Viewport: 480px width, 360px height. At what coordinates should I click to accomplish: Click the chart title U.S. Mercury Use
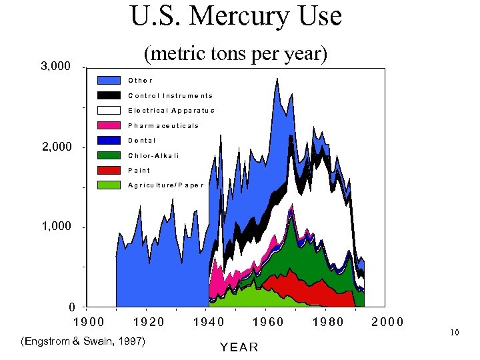pyautogui.click(x=236, y=16)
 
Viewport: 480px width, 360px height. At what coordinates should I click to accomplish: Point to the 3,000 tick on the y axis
pyautogui.click(x=55, y=67)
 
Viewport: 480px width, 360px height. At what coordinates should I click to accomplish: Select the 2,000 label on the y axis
pyautogui.click(x=55, y=147)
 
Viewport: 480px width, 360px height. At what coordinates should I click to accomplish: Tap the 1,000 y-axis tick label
pyautogui.click(x=55, y=227)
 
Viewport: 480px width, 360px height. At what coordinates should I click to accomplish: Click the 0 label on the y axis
pyautogui.click(x=71, y=307)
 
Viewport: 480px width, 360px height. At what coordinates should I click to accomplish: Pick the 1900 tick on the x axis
pyautogui.click(x=88, y=322)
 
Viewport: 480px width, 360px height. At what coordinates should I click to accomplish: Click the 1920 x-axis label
pyautogui.click(x=149, y=322)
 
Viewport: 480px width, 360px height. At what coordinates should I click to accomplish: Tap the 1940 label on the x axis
pyautogui.click(x=209, y=322)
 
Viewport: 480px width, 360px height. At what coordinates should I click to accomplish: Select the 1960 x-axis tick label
pyautogui.click(x=268, y=322)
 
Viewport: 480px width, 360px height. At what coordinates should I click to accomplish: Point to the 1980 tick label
pyautogui.click(x=328, y=322)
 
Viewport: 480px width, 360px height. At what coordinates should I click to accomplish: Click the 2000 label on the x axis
pyautogui.click(x=387, y=322)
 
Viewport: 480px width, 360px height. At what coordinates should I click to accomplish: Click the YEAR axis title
pyautogui.click(x=239, y=347)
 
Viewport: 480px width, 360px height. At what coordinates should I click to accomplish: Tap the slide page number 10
pyautogui.click(x=455, y=332)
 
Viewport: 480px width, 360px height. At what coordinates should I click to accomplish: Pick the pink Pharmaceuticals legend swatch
pyautogui.click(x=109, y=125)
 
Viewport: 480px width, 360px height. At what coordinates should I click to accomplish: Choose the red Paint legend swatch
pyautogui.click(x=109, y=170)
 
